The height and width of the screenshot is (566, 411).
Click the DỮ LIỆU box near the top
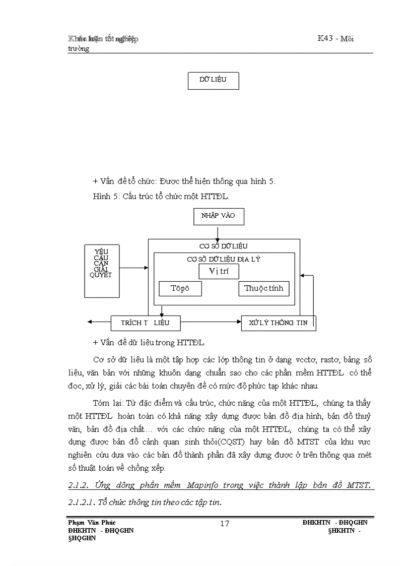click(213, 81)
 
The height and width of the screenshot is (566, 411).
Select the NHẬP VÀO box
click(218, 216)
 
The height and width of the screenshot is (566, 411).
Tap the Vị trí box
click(218, 271)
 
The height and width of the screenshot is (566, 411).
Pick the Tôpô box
click(180, 289)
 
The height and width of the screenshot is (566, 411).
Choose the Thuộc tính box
click(263, 289)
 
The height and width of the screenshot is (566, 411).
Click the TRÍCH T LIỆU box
click(145, 323)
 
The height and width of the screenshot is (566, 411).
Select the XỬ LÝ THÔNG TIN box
click(279, 323)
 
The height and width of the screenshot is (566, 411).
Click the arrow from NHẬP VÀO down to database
click(218, 232)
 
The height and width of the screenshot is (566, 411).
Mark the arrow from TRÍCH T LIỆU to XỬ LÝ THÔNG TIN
click(210, 322)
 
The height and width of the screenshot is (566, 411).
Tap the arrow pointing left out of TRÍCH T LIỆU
click(99, 322)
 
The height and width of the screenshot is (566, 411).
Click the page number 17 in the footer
click(225, 524)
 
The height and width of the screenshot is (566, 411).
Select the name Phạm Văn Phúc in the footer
click(92, 523)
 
